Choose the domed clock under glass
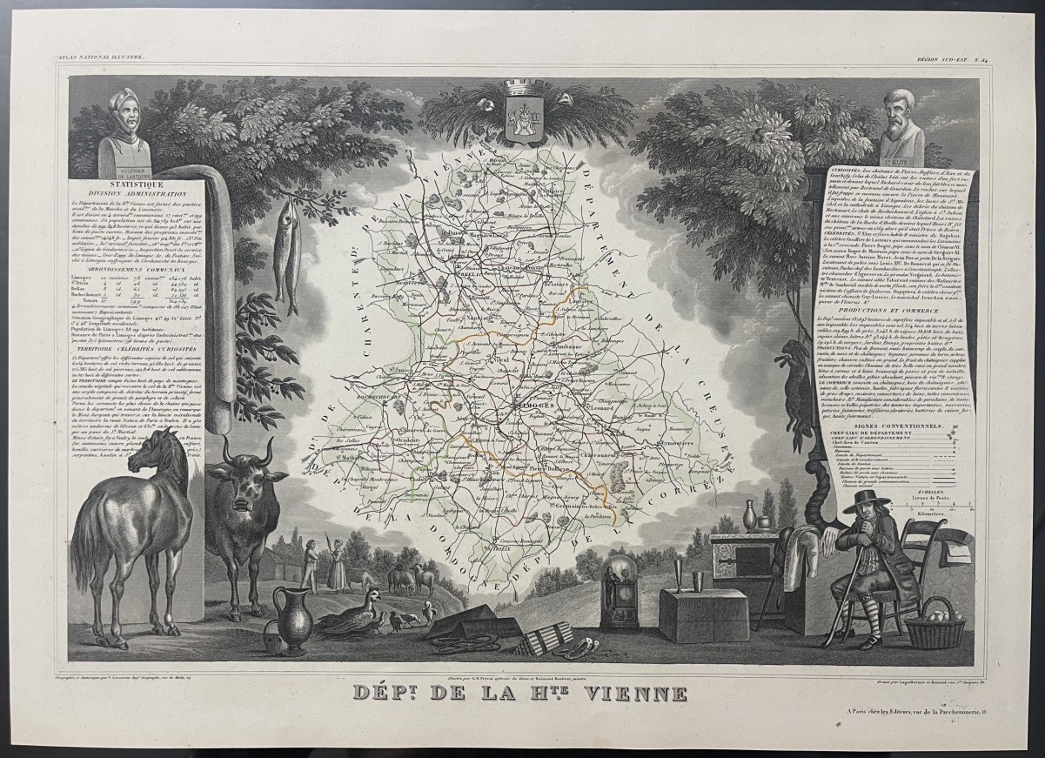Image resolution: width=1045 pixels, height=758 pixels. [619, 590]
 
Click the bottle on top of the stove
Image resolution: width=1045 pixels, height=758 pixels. [749, 515]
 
